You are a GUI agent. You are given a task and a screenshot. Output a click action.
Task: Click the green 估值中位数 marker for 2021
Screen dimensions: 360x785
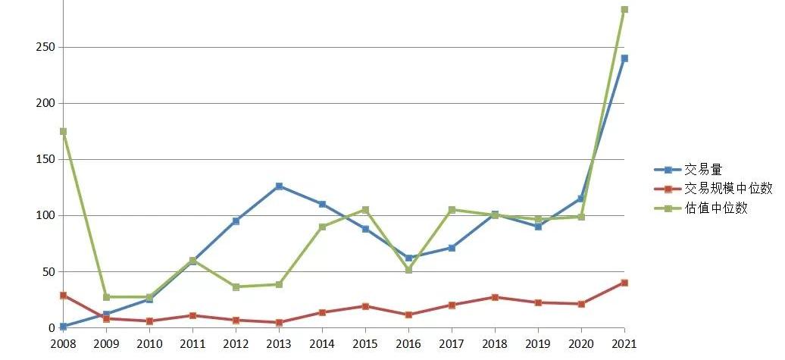(x=624, y=10)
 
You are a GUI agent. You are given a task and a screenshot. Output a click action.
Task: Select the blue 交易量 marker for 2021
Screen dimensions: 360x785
(x=624, y=58)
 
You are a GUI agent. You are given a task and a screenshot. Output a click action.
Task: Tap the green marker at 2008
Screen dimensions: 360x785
(x=63, y=131)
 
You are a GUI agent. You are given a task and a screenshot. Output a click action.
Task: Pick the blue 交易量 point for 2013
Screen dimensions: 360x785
(x=279, y=186)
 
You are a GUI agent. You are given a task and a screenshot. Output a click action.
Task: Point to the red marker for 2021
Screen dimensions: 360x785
(x=624, y=283)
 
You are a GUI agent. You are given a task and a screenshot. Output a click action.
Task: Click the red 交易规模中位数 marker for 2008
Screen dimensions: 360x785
(x=63, y=295)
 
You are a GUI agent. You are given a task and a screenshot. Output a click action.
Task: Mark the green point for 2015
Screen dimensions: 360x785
(x=365, y=209)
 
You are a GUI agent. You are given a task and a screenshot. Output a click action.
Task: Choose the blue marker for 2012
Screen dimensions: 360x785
(x=236, y=221)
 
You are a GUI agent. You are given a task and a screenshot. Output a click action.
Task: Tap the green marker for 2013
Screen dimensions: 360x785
(x=279, y=284)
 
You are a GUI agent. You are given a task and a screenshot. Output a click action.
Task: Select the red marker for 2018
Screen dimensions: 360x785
(x=495, y=297)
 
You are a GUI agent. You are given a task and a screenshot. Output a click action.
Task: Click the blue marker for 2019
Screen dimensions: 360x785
(x=538, y=226)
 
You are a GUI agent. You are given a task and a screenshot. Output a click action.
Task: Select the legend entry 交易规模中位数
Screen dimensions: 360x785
(x=727, y=189)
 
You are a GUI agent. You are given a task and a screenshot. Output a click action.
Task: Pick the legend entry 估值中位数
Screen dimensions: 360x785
(x=716, y=208)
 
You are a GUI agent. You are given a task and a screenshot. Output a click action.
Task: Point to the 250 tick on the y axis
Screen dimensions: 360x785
(x=45, y=47)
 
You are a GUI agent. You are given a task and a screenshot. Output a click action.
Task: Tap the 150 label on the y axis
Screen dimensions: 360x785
(x=45, y=159)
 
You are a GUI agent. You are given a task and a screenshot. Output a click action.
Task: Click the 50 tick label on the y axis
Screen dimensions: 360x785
(x=48, y=271)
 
